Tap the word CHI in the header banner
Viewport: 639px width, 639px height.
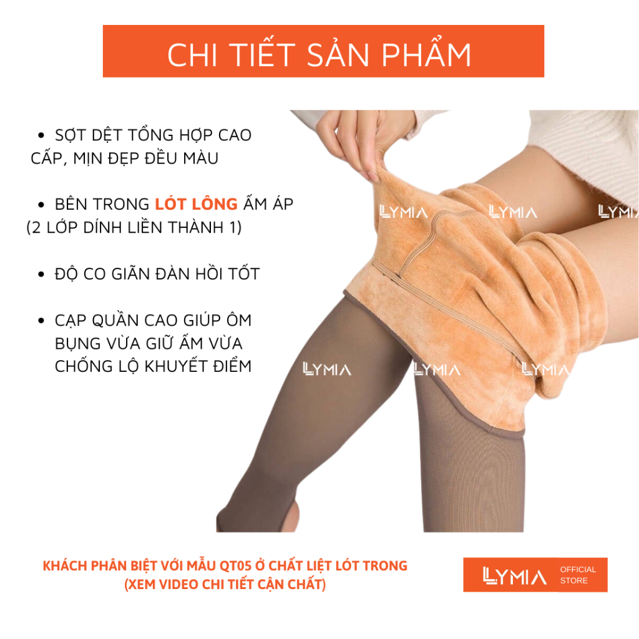coord(192,56)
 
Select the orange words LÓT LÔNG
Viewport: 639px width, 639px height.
coord(197,203)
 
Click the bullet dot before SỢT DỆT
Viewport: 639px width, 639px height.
coord(41,135)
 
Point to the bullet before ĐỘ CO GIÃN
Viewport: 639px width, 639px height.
coord(41,275)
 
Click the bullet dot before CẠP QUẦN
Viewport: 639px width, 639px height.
coord(41,321)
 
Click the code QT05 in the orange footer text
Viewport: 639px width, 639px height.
coord(235,566)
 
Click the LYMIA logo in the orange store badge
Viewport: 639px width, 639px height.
coord(514,575)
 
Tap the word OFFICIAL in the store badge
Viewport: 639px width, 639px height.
coord(578,569)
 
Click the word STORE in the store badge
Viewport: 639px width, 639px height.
coord(574,581)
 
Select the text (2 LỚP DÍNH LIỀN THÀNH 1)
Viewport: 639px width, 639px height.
coord(134,227)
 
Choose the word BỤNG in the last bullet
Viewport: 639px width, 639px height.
coord(77,344)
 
